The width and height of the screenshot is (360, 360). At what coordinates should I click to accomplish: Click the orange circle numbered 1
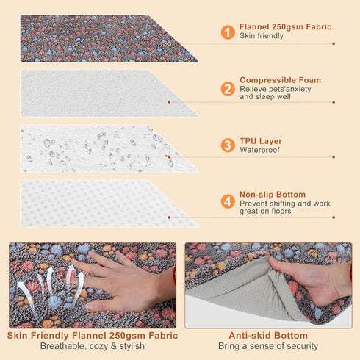coord(228,32)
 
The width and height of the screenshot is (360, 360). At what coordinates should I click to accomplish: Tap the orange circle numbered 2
coord(228,89)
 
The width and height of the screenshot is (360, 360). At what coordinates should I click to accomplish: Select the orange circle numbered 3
coord(228,145)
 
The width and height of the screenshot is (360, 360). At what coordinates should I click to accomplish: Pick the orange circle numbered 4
coord(228,201)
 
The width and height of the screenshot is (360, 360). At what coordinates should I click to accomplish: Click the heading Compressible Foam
coord(280,80)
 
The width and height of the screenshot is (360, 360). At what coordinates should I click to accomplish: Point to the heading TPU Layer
coord(261,141)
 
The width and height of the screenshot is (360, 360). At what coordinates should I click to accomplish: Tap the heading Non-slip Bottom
coord(273,195)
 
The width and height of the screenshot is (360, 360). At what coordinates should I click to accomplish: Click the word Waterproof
coord(259,150)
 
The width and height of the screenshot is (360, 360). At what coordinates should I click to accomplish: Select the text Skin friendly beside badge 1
coord(262,36)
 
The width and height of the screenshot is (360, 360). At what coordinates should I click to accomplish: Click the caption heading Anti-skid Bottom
coord(268,336)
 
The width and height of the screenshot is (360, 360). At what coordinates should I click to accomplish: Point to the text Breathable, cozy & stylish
coord(93,346)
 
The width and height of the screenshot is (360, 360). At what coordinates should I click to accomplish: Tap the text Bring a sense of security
coord(268,346)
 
